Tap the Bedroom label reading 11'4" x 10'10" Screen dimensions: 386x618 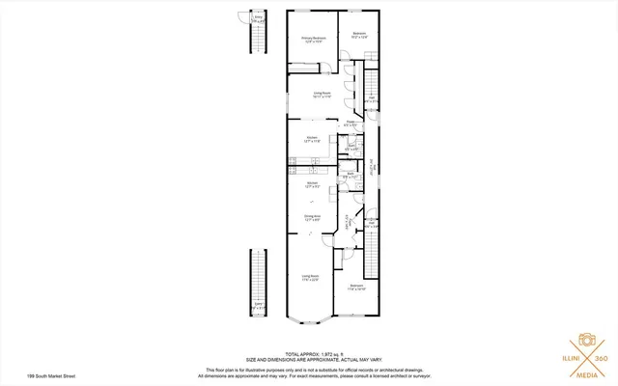pos(356,288)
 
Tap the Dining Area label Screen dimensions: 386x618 pos(312,217)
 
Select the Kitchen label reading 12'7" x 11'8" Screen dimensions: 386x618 pos(312,139)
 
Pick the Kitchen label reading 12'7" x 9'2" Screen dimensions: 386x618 pos(312,183)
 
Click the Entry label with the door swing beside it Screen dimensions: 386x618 pos(257,18)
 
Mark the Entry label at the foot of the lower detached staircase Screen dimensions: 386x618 pos(258,306)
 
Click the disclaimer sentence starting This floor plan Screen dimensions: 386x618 pos(309,369)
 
